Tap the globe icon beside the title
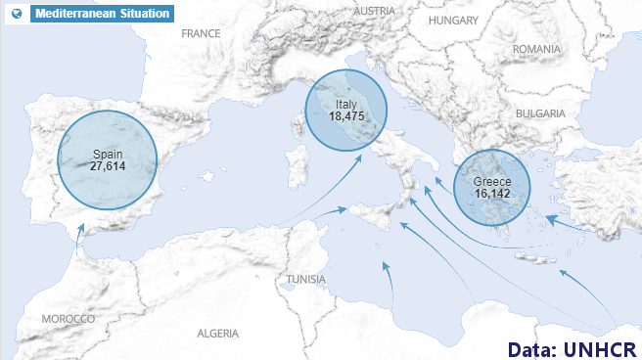tap(15, 14)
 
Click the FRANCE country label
tap(202, 33)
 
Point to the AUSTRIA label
tap(375, 11)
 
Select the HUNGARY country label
tap(453, 20)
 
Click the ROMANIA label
tap(536, 49)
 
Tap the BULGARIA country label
tap(541, 113)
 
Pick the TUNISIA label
tap(306, 280)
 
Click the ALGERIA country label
tap(217, 333)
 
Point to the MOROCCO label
tap(69, 319)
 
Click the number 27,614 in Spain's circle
tap(108, 166)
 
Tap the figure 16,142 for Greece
tap(492, 194)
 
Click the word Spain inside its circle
tap(108, 154)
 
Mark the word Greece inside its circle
tap(492, 182)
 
